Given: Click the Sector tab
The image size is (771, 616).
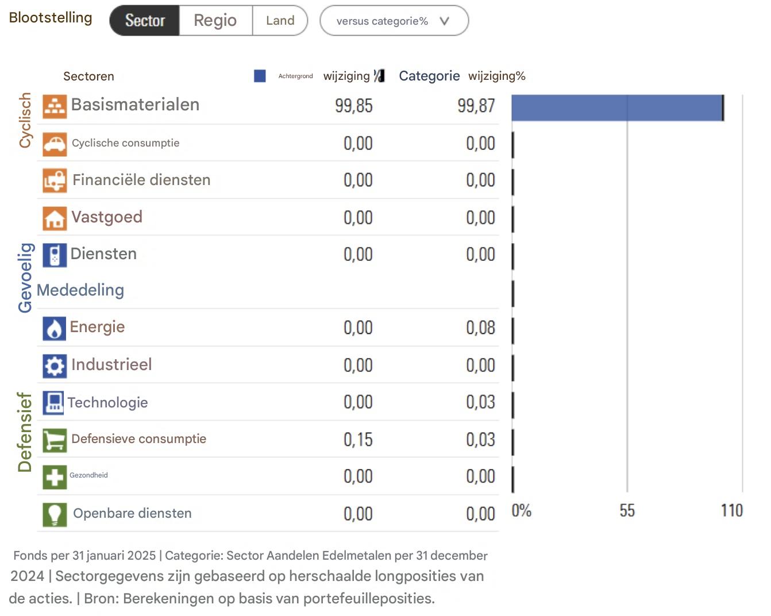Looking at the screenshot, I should tap(145, 21).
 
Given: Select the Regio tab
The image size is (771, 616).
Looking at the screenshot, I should tap(215, 21).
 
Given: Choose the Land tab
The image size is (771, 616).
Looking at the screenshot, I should tap(280, 21).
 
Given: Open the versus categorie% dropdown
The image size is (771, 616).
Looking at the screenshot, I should tap(394, 21).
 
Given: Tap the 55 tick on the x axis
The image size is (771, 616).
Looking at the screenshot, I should tap(627, 511).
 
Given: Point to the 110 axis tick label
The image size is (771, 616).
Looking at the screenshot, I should tap(731, 511).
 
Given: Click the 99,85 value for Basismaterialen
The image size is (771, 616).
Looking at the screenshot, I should tap(354, 106).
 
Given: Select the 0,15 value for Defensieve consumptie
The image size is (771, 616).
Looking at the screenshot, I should tap(358, 440).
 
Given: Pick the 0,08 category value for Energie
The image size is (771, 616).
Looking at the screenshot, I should tap(480, 328).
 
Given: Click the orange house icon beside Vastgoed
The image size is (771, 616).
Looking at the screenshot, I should tap(55, 218).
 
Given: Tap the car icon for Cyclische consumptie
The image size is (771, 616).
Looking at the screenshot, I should tap(55, 144).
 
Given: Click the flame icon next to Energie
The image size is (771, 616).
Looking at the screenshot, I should tap(55, 329).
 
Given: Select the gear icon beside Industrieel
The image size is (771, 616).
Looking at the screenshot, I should tap(55, 366).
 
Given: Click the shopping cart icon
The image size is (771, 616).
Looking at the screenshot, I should tap(55, 440).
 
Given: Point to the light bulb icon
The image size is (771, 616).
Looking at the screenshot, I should tap(55, 514).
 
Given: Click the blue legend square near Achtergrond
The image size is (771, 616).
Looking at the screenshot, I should tap(260, 76).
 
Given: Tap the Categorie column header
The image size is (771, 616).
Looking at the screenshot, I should tap(429, 76).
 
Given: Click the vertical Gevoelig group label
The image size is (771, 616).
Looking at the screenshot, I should tap(25, 278).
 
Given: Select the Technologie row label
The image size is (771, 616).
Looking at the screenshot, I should tap(107, 403).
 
